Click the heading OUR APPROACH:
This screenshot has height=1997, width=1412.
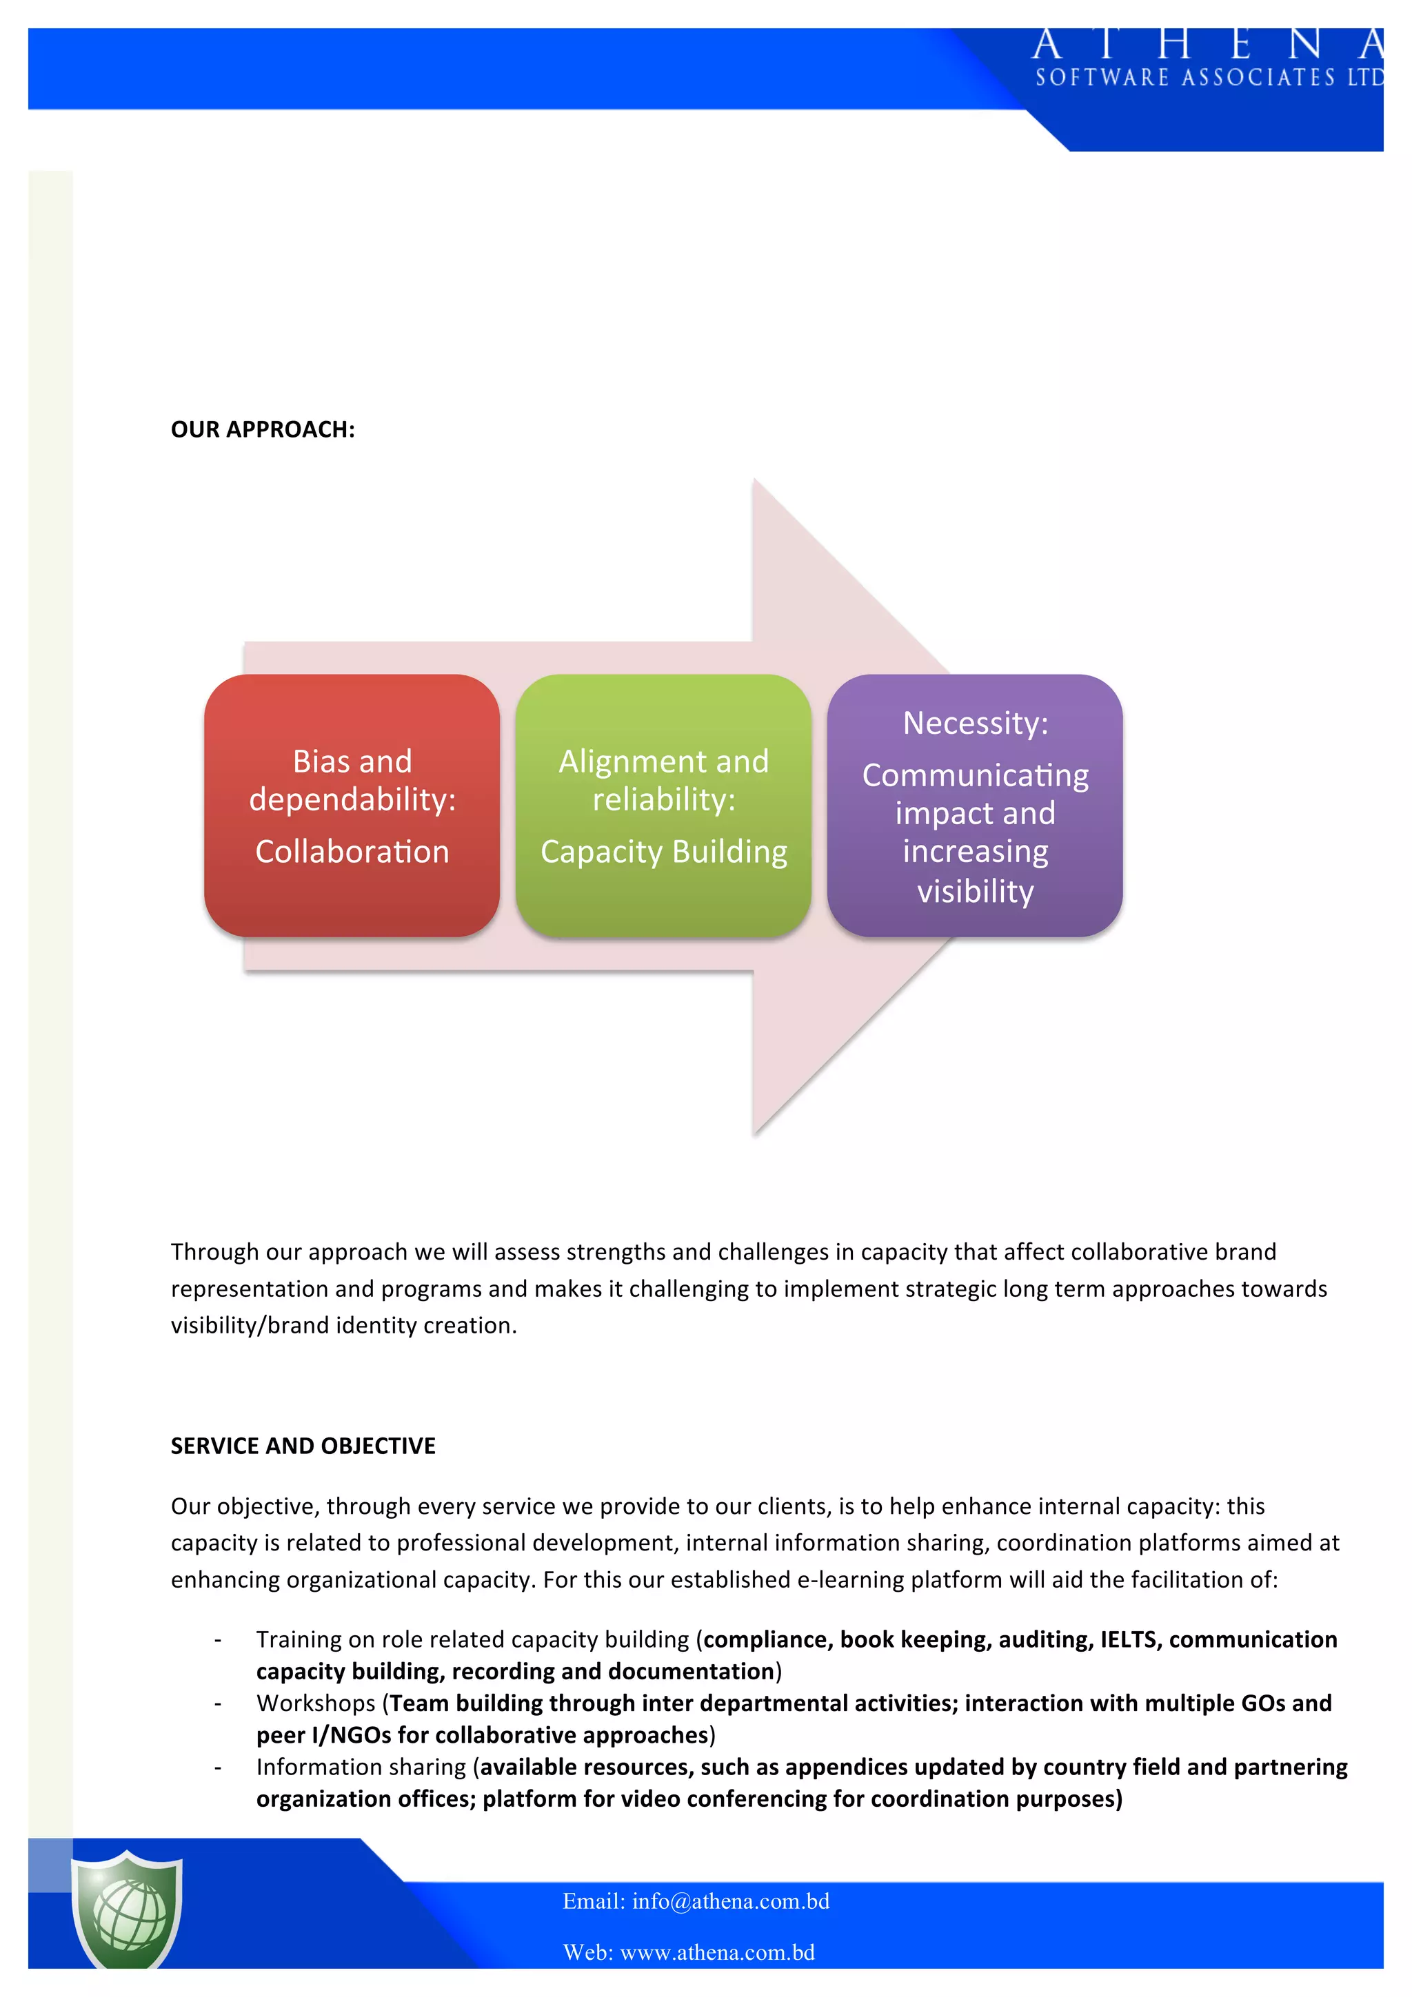[263, 430]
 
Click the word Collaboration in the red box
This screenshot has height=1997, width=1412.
[352, 852]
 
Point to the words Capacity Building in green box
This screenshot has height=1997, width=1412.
[664, 852]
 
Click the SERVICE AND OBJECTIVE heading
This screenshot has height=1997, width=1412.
[303, 1446]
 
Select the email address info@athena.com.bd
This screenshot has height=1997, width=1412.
[731, 1901]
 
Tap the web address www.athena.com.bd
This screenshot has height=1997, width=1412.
[717, 1953]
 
